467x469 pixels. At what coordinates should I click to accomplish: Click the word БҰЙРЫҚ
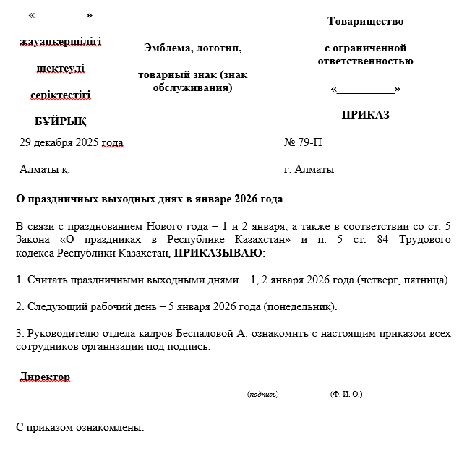(60, 121)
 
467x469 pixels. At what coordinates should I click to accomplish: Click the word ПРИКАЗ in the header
(365, 114)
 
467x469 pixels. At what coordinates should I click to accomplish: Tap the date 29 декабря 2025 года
(72, 142)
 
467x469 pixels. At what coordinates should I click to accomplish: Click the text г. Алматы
(309, 169)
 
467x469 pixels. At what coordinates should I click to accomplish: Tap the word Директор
(45, 377)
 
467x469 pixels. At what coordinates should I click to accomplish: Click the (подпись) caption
(262, 394)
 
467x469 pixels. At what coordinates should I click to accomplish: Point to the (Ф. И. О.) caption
(346, 394)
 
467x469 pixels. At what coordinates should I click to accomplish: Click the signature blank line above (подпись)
(270, 380)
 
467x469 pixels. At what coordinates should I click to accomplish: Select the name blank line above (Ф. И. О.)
(387, 380)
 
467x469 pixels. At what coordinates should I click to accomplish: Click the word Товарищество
(365, 21)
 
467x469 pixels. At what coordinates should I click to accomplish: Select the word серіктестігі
(61, 95)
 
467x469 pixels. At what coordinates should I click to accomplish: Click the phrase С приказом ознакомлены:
(80, 426)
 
